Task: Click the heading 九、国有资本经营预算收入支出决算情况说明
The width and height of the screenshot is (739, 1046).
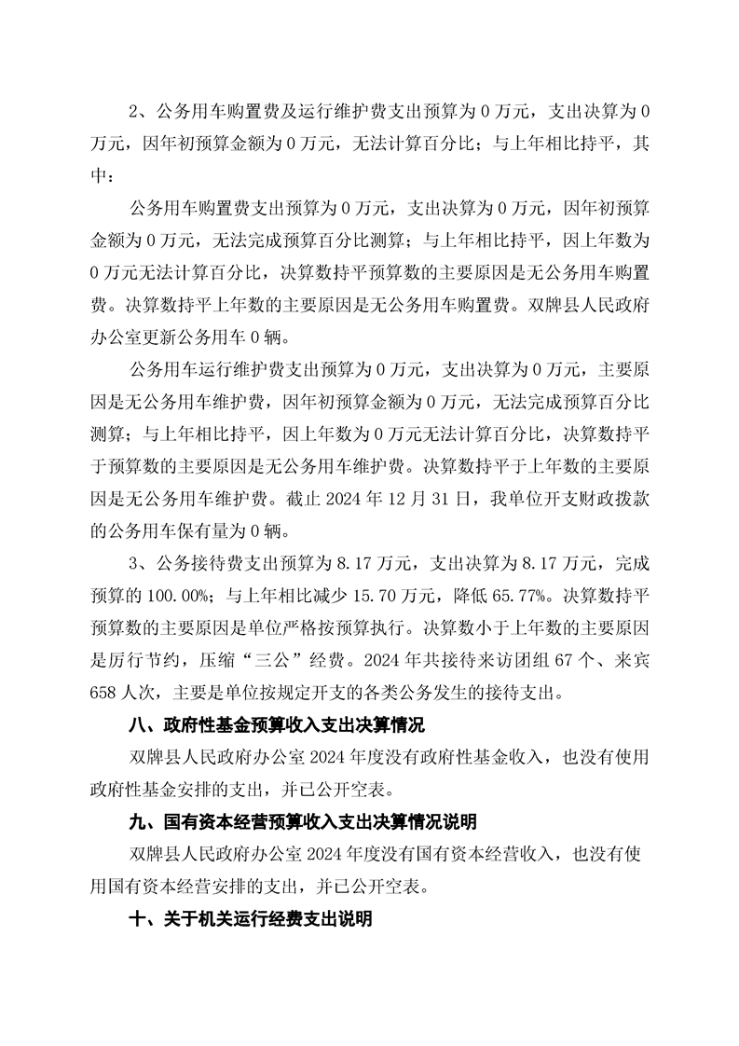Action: click(x=304, y=821)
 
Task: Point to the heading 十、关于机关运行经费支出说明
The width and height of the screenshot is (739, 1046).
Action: click(x=252, y=918)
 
